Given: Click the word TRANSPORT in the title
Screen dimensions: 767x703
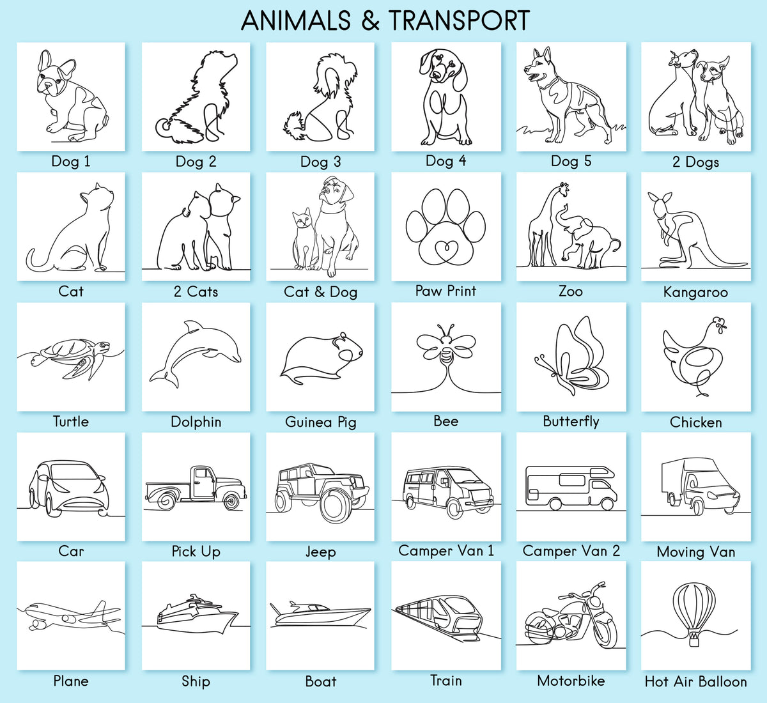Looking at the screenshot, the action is [459, 20].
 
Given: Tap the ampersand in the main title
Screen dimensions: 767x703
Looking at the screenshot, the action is [369, 20].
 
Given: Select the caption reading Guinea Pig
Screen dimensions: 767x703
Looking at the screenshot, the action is [320, 422].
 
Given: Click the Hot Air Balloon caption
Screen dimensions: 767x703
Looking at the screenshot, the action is [695, 681].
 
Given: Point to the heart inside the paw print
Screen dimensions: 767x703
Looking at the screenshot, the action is [445, 249].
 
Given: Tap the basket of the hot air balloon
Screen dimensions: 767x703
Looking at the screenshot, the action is [694, 640].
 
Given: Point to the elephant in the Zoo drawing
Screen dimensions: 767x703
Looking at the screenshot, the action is [587, 237].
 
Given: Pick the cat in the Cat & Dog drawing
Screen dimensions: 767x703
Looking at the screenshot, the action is [303, 239].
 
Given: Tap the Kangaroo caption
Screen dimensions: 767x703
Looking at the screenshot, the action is [695, 292].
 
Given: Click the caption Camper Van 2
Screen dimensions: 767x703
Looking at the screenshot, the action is [571, 551].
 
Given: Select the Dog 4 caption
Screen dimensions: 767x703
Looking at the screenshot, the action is [446, 160].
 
